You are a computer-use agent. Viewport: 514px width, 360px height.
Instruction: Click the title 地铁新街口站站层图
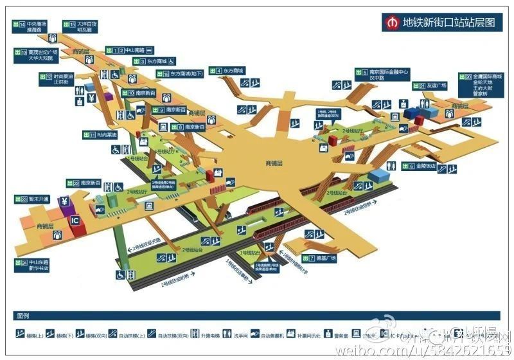pyautogui.click(x=448, y=21)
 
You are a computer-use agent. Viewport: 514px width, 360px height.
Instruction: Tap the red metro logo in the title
pyautogui.click(x=392, y=21)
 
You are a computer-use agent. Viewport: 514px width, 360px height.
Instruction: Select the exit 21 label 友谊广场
pyautogui.click(x=437, y=85)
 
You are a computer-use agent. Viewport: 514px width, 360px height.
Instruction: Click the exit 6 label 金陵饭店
pyautogui.click(x=425, y=166)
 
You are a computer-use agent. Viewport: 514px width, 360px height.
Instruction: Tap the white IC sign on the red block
pyautogui.click(x=75, y=219)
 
